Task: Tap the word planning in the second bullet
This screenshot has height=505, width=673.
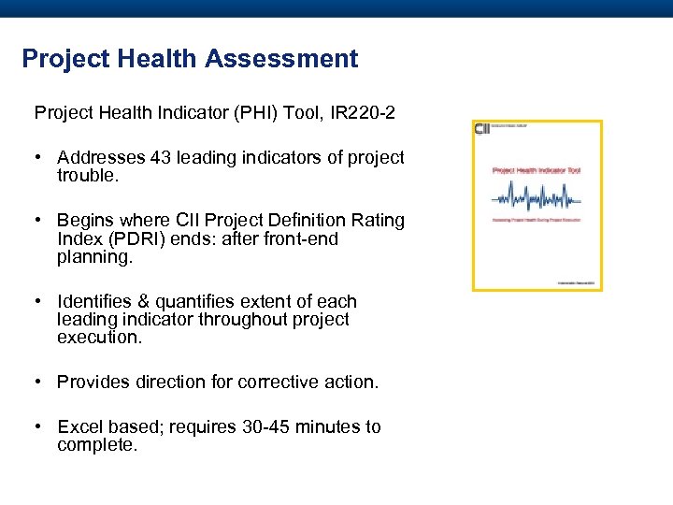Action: (94, 256)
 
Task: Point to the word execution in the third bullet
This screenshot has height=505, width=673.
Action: (99, 337)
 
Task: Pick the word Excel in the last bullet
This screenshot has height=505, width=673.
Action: (79, 426)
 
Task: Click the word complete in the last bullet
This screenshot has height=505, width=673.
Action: (96, 445)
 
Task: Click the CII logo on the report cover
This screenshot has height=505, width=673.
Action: (483, 129)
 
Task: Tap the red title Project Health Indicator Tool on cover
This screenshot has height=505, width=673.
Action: (537, 171)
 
